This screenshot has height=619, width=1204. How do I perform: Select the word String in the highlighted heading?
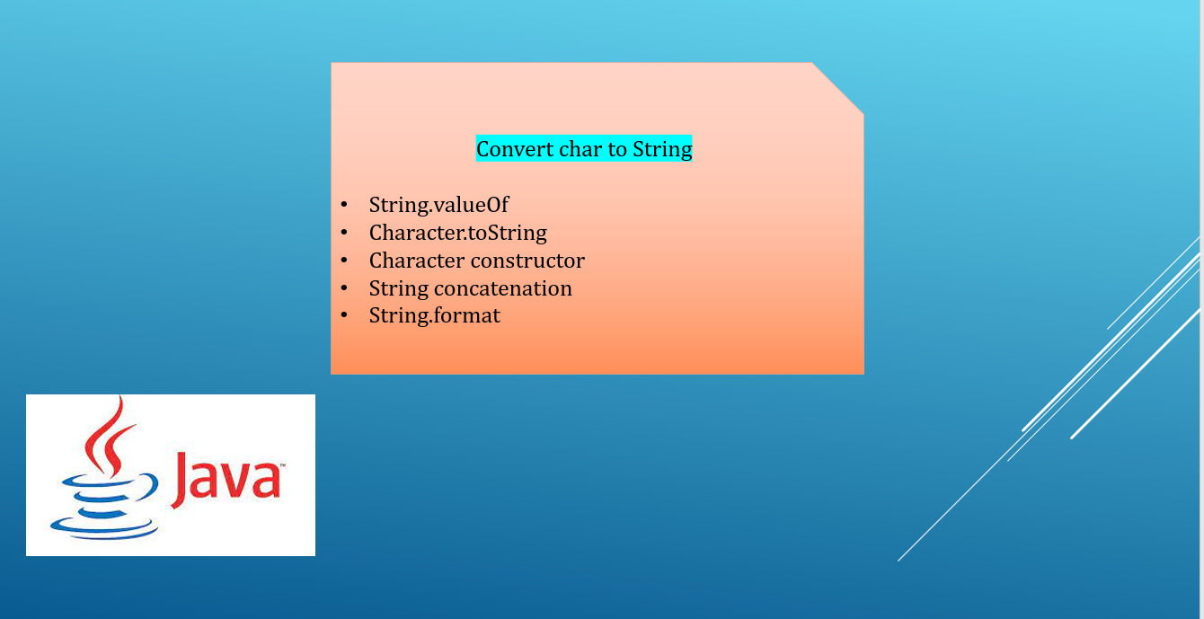(662, 149)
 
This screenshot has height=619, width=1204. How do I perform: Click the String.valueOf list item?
(438, 206)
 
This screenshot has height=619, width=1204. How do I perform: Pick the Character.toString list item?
(457, 234)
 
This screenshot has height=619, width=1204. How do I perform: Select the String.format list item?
(434, 316)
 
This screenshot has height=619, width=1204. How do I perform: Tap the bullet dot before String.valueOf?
(344, 206)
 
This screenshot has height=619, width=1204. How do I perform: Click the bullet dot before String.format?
(344, 316)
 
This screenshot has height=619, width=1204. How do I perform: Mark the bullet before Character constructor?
(344, 261)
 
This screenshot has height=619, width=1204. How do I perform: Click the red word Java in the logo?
(225, 478)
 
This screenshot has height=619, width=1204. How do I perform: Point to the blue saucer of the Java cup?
(103, 526)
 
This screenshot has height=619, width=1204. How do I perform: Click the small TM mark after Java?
(280, 465)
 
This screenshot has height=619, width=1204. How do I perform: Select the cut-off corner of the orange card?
(838, 87)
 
